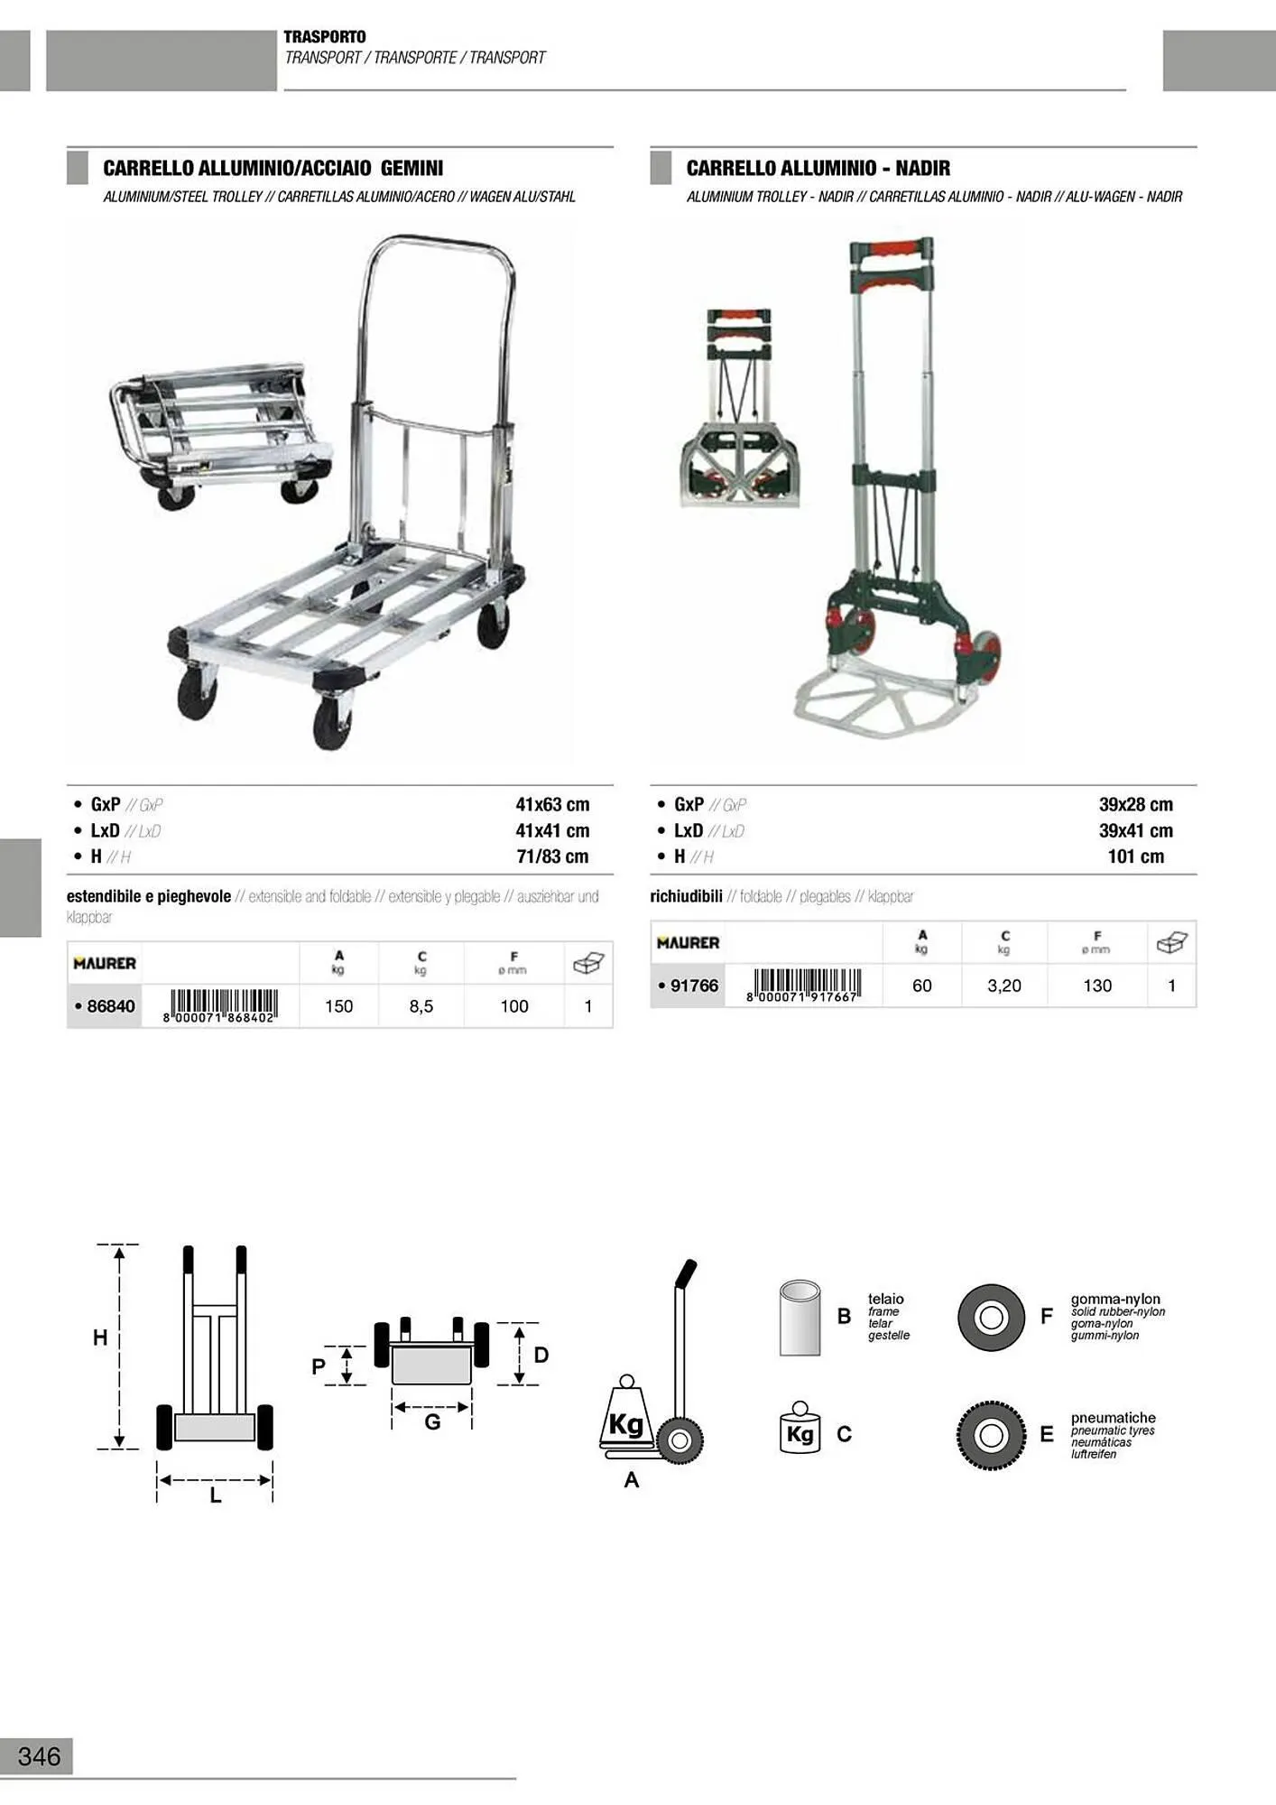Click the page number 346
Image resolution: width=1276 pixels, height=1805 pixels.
coord(39,1756)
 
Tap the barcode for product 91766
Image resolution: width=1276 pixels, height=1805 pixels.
coord(802,986)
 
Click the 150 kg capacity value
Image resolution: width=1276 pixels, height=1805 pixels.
coord(338,1006)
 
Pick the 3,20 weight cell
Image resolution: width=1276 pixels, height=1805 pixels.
coord(1004,986)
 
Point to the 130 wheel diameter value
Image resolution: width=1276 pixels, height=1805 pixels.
coord(1097,986)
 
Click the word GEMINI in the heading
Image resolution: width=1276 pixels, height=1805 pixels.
coord(411,168)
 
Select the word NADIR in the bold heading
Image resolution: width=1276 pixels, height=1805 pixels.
coord(922,168)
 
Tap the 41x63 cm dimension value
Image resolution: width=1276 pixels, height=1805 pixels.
coord(552,804)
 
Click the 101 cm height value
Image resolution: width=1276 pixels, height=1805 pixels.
coord(1136,856)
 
